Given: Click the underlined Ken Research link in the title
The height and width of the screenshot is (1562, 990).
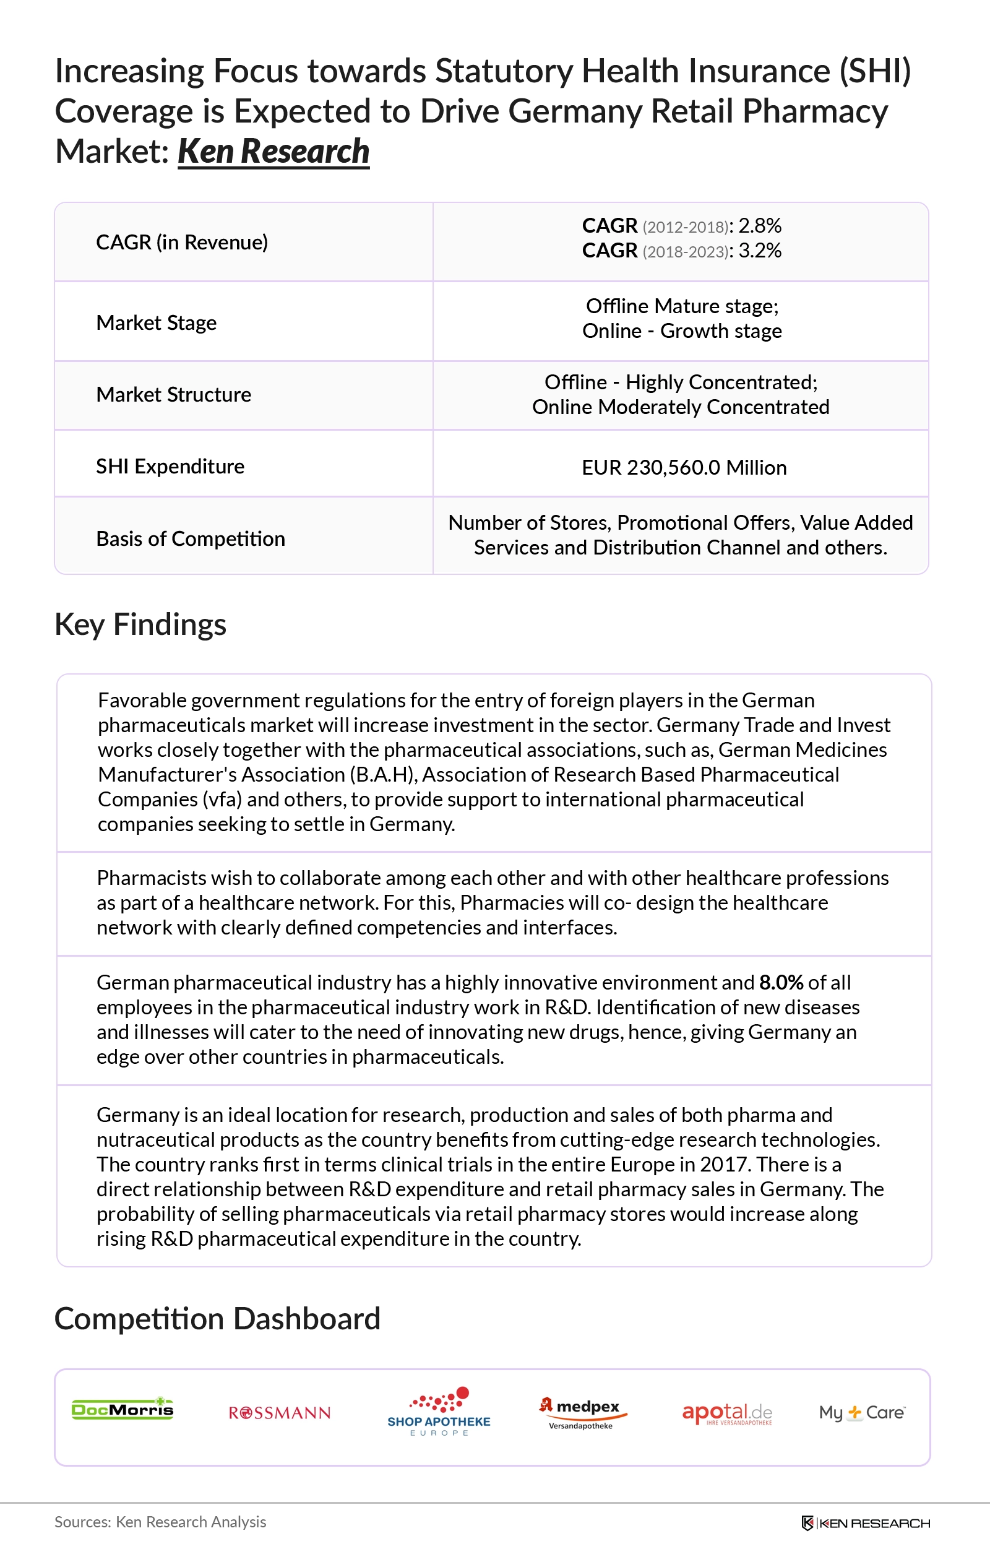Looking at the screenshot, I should tap(273, 152).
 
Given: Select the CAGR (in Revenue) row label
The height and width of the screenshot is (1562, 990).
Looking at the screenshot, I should tap(182, 243).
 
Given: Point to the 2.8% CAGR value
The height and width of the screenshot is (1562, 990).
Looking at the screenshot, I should tap(760, 226).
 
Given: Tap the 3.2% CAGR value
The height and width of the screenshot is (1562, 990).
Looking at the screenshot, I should tap(760, 251).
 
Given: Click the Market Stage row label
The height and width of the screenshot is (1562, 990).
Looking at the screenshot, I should tap(157, 323).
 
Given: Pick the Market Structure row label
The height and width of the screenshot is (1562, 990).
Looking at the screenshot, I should tap(173, 395).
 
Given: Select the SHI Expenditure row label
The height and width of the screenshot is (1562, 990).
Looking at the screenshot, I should tap(170, 467).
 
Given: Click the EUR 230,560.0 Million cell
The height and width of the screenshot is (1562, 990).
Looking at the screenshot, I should tap(684, 468).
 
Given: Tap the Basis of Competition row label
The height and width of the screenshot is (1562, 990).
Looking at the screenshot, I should tap(190, 539).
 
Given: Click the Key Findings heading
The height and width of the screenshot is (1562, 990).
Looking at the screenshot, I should tap(140, 624).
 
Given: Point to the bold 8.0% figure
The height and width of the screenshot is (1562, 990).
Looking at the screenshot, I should tap(781, 983).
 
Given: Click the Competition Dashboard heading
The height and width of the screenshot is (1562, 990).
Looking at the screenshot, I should tap(217, 1319).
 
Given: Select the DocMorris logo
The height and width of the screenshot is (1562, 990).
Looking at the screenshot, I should tap(123, 1409).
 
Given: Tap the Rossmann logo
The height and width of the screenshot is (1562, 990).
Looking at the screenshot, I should tap(280, 1413).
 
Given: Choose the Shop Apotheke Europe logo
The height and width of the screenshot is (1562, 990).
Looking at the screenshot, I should tap(439, 1413).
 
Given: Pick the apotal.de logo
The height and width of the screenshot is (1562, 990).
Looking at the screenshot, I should tap(726, 1413).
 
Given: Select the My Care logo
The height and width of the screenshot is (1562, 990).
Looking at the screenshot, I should tap(861, 1412).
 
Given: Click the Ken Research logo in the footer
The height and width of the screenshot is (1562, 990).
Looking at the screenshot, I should tap(866, 1523).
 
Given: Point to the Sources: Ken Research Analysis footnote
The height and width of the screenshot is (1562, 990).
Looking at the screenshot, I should tap(160, 1522).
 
